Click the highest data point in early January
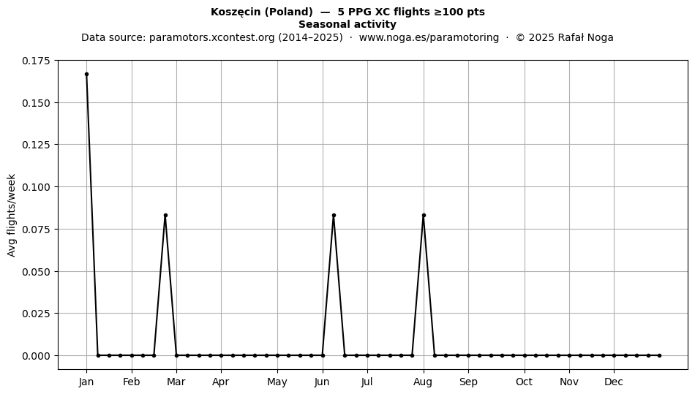86,75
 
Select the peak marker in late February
165,216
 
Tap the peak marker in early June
334,216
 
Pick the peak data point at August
424,216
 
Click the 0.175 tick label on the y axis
37,61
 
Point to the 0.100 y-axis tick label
37,187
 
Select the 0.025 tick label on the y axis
37,314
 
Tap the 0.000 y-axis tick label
37,355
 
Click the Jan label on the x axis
86,382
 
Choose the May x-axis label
277,382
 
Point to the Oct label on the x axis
525,382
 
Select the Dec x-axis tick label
614,382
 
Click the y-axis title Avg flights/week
12,215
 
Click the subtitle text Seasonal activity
347,24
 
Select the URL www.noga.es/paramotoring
429,37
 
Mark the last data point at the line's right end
660,355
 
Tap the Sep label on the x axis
468,382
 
